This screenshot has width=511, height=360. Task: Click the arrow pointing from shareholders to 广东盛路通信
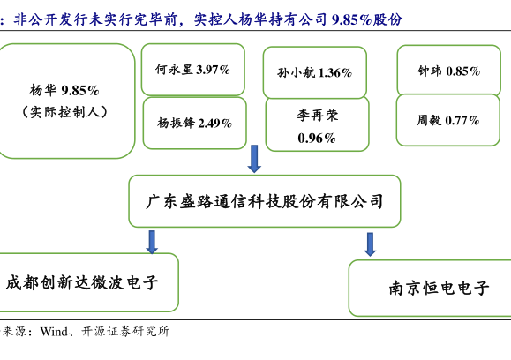click(254, 159)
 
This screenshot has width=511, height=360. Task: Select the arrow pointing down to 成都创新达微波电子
click(152, 242)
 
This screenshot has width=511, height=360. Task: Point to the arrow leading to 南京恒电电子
click(370, 244)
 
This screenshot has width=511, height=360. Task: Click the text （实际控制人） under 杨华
click(64, 112)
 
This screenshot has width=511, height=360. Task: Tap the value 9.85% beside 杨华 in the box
click(80, 90)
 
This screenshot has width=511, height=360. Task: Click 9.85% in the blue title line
click(351, 20)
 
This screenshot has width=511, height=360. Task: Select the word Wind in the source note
click(54, 332)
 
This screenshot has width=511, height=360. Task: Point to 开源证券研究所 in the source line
click(125, 332)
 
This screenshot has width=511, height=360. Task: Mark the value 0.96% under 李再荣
click(317, 139)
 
